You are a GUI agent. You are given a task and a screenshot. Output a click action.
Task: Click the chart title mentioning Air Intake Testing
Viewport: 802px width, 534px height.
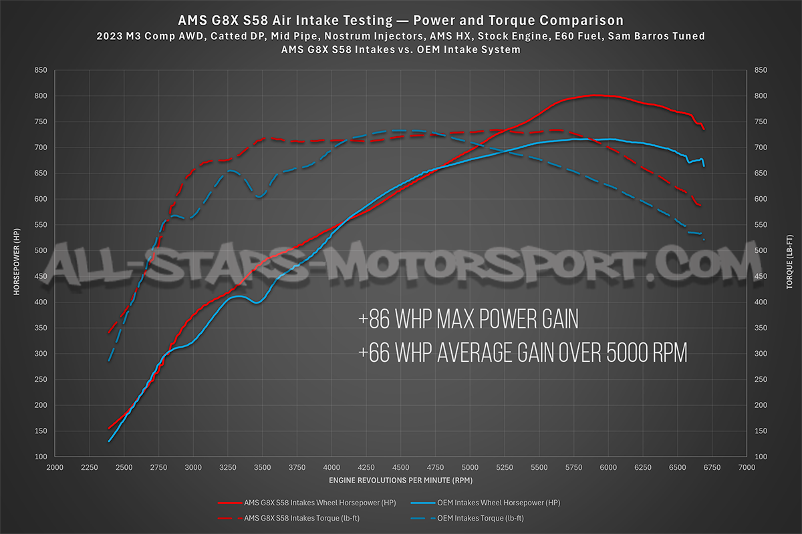tap(400, 20)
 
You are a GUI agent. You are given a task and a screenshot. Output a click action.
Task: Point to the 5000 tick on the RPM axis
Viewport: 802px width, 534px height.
tap(470, 469)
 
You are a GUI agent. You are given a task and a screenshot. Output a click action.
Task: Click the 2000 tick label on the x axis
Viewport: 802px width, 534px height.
tap(55, 469)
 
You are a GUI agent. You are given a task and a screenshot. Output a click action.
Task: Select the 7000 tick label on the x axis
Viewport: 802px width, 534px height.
tap(747, 469)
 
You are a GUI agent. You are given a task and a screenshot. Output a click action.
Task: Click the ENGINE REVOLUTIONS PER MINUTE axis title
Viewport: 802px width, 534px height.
tap(400, 481)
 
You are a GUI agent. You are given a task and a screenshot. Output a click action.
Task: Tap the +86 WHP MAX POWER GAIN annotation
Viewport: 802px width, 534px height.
tap(468, 320)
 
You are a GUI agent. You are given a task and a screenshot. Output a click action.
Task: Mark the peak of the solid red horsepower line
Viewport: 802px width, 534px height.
tap(595, 95)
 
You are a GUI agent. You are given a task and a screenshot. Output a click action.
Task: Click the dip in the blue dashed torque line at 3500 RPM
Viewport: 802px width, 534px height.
tap(259, 197)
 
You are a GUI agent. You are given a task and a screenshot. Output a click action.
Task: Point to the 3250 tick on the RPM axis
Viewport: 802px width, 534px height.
tap(228, 469)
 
